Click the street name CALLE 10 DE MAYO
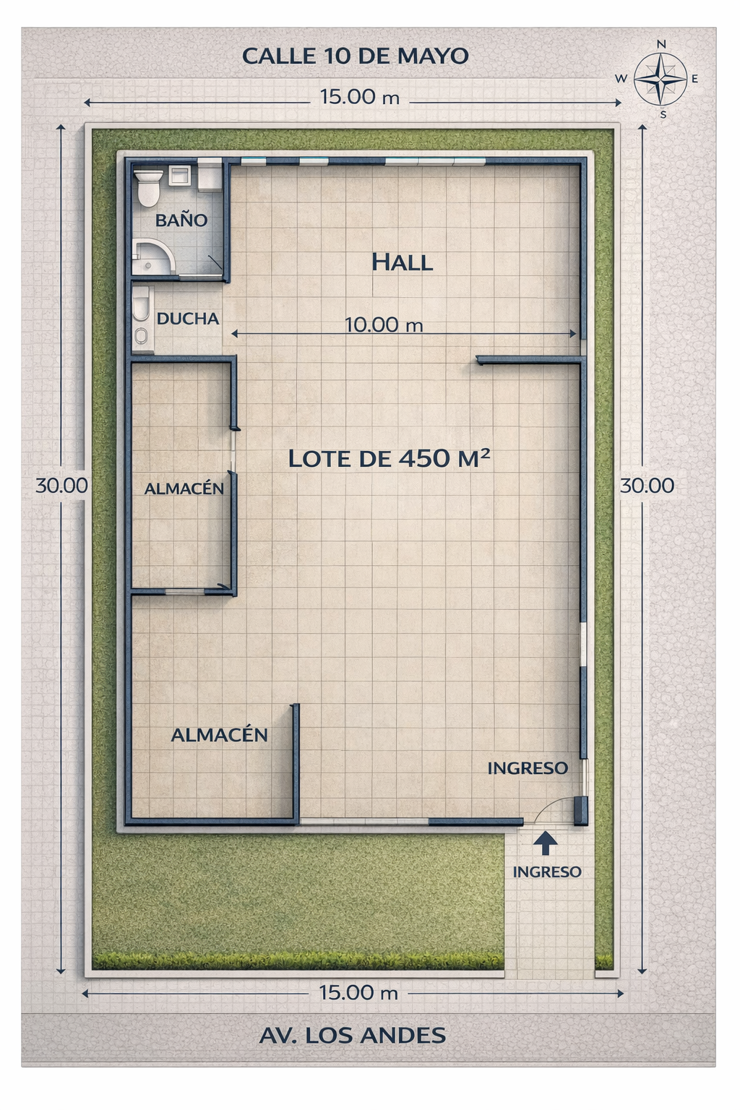click(356, 56)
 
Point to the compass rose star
click(661, 79)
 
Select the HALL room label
click(402, 262)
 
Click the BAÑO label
click(181, 220)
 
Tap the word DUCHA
click(188, 319)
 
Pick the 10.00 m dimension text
click(384, 325)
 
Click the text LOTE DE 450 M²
click(389, 458)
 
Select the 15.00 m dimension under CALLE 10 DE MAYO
click(360, 97)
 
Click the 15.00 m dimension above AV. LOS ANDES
click(359, 992)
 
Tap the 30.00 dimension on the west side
click(61, 486)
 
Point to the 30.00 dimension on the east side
click(647, 486)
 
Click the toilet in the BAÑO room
click(148, 189)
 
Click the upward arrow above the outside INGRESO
click(546, 843)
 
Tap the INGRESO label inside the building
click(528, 768)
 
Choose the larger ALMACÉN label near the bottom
click(219, 734)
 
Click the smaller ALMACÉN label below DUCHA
click(184, 489)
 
